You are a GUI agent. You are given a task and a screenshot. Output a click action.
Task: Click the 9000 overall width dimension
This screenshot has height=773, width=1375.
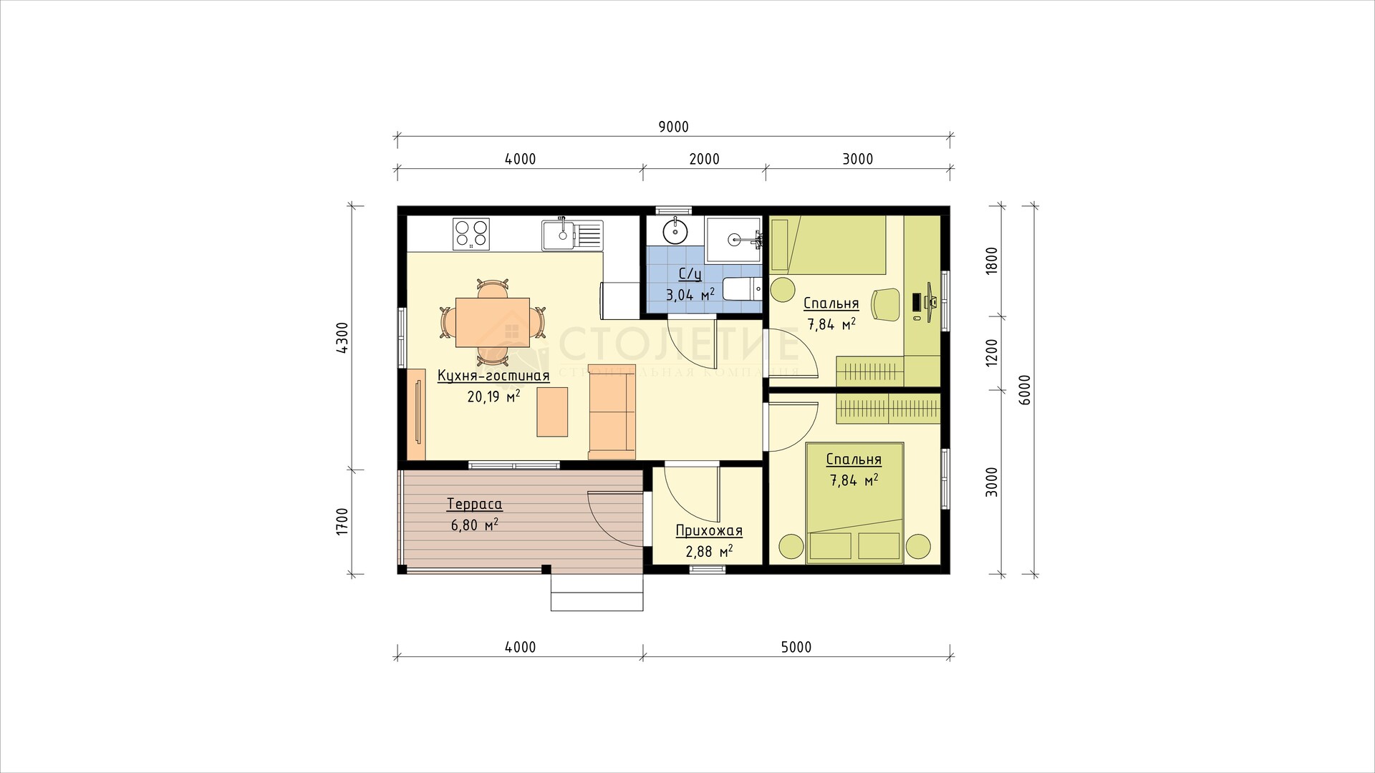[x=673, y=127]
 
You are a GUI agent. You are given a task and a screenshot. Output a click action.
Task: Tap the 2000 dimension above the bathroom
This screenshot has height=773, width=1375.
[x=704, y=159]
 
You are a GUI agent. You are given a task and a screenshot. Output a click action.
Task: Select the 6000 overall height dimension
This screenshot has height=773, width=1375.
[x=1025, y=391]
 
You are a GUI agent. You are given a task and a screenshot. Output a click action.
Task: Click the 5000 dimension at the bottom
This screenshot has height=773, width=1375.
[x=796, y=648]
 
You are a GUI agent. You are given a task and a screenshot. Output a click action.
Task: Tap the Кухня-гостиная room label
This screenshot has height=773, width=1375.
[x=493, y=376]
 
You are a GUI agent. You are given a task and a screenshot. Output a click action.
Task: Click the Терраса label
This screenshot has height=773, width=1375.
[x=474, y=504]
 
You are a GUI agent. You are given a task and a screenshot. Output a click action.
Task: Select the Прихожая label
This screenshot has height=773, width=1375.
[x=709, y=531]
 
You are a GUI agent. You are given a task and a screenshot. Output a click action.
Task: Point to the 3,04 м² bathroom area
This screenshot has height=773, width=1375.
[x=690, y=294]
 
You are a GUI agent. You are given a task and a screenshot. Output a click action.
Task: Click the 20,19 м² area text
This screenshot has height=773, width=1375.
[x=493, y=396]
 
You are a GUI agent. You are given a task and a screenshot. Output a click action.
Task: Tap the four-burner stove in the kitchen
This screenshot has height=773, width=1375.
[x=471, y=234]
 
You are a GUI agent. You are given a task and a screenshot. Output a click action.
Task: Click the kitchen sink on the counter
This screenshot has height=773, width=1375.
[x=571, y=235]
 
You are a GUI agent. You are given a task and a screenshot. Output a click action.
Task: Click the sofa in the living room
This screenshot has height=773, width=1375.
[x=612, y=412]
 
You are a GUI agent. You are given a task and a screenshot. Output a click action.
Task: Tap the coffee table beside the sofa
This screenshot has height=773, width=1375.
[x=552, y=412]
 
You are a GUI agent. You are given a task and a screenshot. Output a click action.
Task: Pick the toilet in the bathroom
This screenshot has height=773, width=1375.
[x=741, y=289]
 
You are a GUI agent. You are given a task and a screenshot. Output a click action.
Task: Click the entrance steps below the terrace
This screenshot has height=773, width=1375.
[x=597, y=592]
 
